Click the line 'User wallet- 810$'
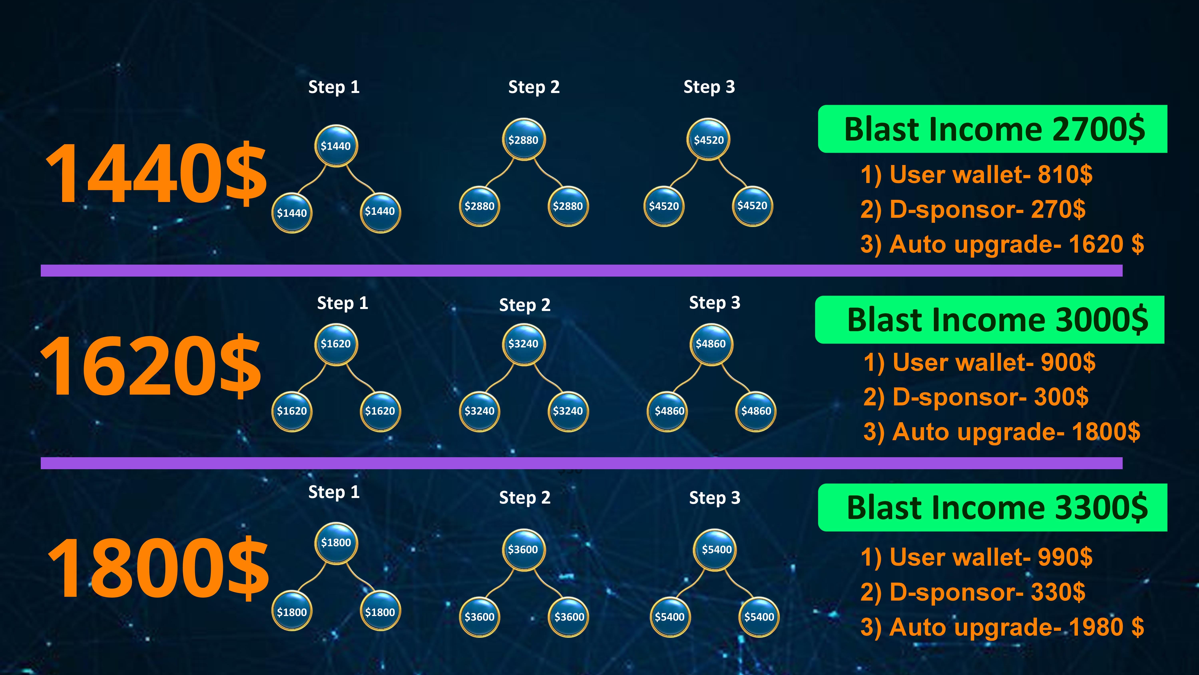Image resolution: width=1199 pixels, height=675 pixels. coord(976,175)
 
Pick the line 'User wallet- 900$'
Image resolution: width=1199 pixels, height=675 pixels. coord(979,362)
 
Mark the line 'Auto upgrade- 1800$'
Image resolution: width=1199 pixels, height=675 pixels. coord(1002,432)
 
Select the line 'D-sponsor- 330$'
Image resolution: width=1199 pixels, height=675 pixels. coord(973,592)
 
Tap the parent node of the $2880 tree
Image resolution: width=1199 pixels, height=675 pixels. coord(524,140)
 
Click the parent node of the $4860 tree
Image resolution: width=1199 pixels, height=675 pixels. coord(711,344)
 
